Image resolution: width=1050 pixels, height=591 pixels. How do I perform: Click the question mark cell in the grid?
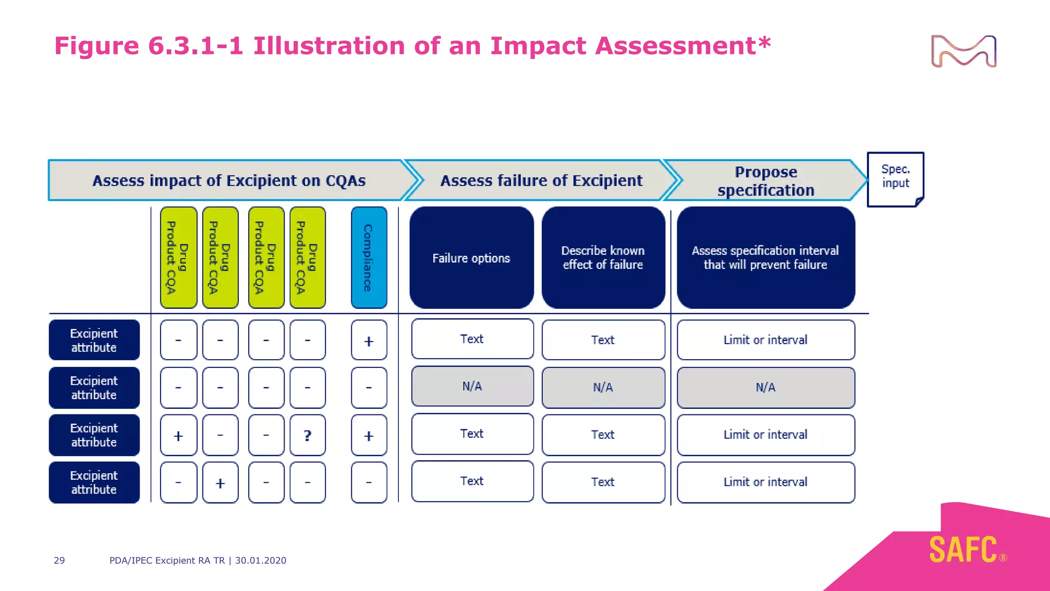pos(307,436)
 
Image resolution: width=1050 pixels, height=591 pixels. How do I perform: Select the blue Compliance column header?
pos(369,258)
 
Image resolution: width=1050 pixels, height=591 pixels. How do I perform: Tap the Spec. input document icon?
pos(895,179)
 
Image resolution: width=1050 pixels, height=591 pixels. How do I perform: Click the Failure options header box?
pos(471,258)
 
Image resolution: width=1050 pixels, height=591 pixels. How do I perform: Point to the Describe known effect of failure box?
pos(603,258)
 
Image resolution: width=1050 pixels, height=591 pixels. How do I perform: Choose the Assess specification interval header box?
pos(765,258)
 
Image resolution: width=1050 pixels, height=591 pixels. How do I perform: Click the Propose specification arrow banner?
pos(765,181)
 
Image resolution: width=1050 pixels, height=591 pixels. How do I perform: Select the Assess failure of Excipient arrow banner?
pos(541,181)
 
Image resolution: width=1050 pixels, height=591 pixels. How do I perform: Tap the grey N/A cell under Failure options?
pos(472,386)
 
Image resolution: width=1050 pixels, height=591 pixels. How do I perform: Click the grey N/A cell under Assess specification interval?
pos(765,387)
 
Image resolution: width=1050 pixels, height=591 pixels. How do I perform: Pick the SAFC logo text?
pos(963,550)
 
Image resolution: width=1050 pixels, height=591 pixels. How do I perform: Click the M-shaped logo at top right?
pos(963,51)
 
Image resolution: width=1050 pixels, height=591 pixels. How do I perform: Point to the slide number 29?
pos(59,560)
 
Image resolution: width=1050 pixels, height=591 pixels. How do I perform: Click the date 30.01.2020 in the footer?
pos(260,560)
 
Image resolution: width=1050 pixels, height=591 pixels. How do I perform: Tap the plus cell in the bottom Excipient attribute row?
pos(220,483)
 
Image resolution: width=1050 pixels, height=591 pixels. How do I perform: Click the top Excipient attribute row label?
pos(94,340)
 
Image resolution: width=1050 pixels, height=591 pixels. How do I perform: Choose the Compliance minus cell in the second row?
pos(369,387)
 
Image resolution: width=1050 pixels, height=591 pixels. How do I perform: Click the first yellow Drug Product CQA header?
pos(178,258)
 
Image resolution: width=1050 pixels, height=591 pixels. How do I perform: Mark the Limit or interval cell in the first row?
pos(765,340)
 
